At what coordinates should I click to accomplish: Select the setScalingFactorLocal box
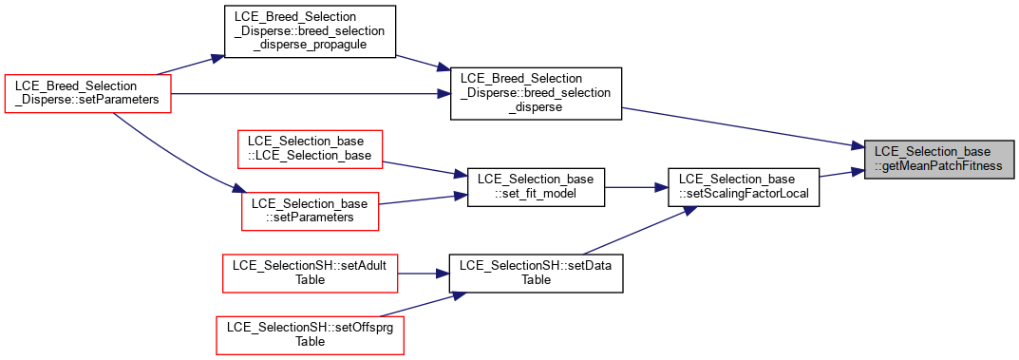point(744,188)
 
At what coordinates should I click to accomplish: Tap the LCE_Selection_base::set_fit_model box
point(537,188)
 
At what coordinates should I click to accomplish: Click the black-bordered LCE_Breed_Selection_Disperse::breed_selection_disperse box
point(537,94)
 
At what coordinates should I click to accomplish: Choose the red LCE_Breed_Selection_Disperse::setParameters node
point(87,94)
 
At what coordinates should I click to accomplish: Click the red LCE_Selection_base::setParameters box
point(310,211)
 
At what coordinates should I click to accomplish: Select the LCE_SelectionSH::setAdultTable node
point(310,273)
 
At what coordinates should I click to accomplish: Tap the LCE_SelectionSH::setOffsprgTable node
point(310,334)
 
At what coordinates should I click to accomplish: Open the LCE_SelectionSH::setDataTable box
point(537,273)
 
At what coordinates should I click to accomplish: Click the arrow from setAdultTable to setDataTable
point(423,273)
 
